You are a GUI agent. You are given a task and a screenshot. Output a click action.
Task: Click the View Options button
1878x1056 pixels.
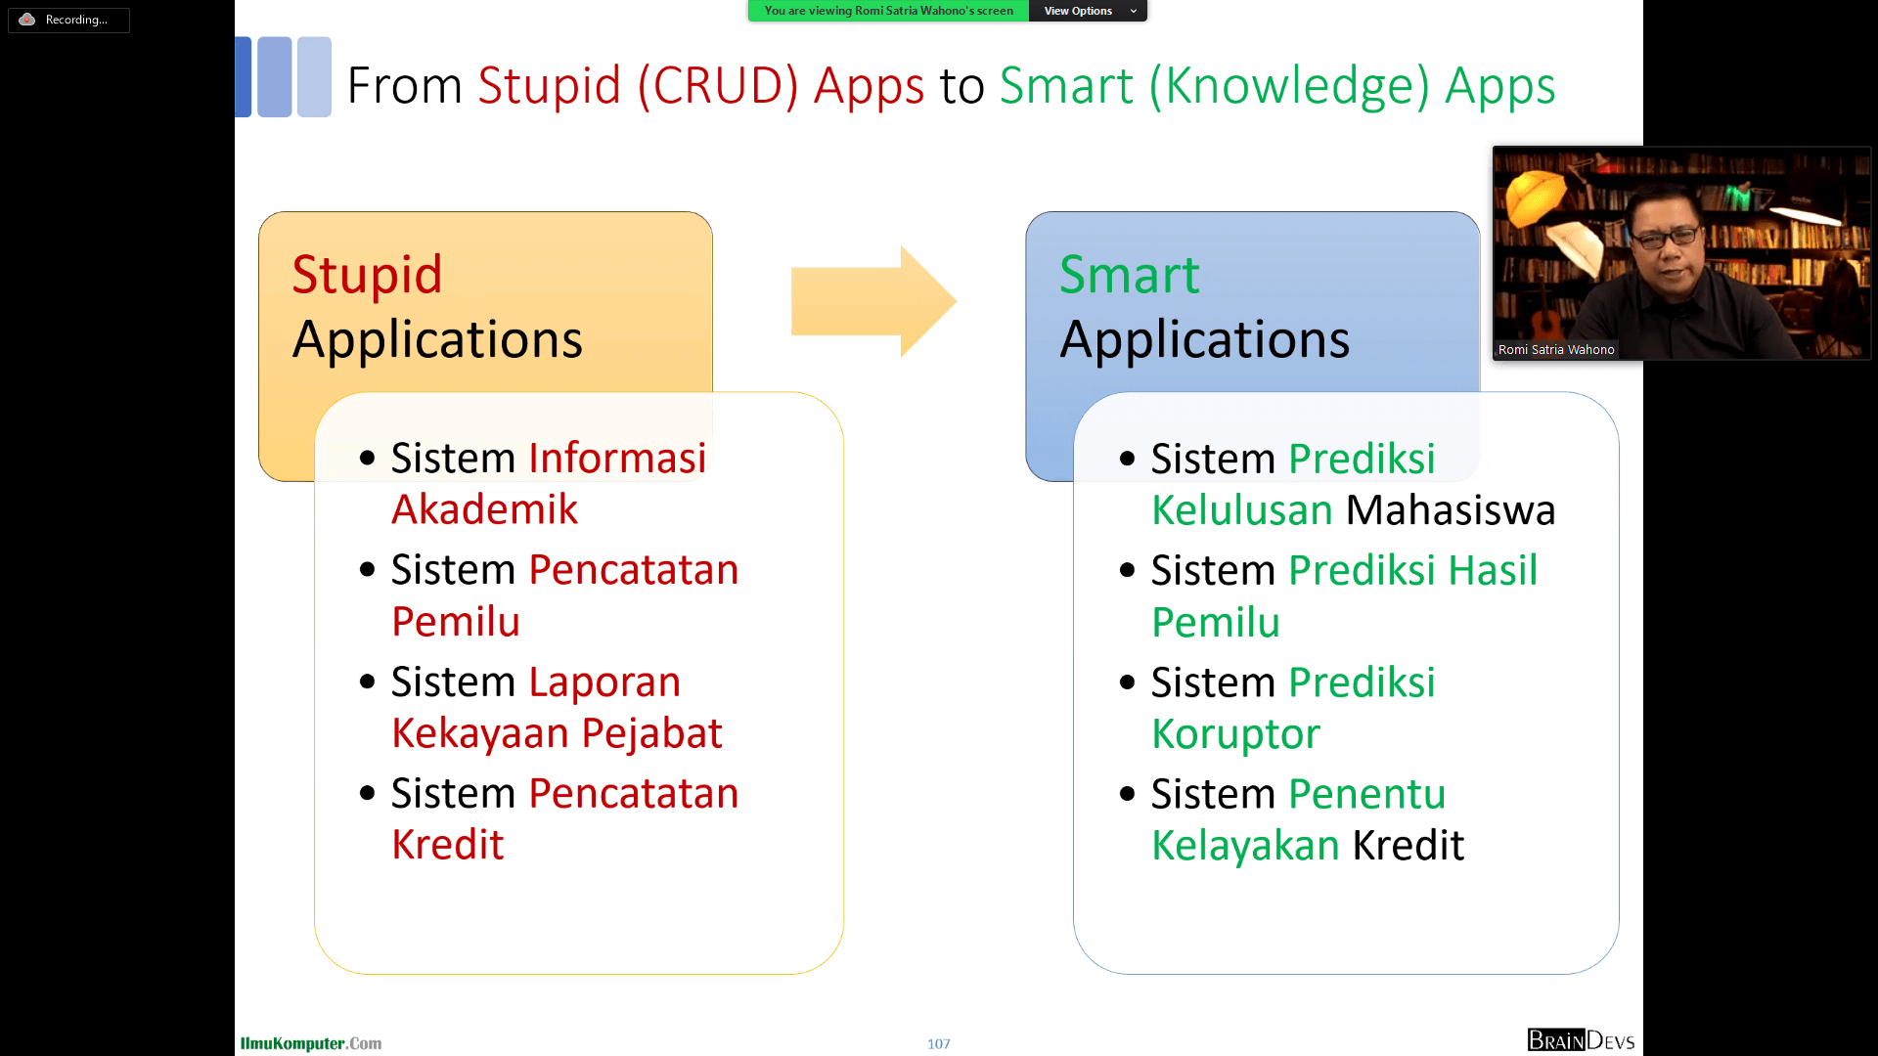[1088, 11]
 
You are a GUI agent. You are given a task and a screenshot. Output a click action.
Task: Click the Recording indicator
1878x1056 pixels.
[68, 20]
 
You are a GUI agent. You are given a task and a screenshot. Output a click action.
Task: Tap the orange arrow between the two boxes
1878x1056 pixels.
[873, 301]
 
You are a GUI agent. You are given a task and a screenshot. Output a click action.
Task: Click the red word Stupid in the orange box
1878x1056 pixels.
[367, 276]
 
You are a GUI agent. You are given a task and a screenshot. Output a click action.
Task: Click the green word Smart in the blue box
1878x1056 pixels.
[1129, 275]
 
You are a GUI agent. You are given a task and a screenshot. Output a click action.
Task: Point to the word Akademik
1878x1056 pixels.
[484, 509]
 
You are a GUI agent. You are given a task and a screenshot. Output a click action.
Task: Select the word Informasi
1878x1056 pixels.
[617, 458]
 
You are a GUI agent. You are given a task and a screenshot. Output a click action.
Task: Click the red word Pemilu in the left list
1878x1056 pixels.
[456, 622]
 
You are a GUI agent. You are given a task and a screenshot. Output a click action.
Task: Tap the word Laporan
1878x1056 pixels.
[604, 682]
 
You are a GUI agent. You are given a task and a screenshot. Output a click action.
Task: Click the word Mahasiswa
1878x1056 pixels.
[1451, 510]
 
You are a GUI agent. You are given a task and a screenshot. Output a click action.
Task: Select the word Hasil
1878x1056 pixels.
[1493, 570]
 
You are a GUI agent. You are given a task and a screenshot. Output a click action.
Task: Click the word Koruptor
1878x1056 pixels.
[1235, 734]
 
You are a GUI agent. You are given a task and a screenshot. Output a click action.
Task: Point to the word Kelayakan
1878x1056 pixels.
[1245, 846]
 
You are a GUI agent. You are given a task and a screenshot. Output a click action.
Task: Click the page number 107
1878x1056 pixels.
[939, 1044]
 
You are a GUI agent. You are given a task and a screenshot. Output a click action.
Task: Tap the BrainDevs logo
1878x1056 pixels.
[1581, 1040]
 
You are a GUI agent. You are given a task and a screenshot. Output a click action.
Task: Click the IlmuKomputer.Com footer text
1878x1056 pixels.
[311, 1043]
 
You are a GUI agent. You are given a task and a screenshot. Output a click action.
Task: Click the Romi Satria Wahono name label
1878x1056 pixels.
[1556, 350]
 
